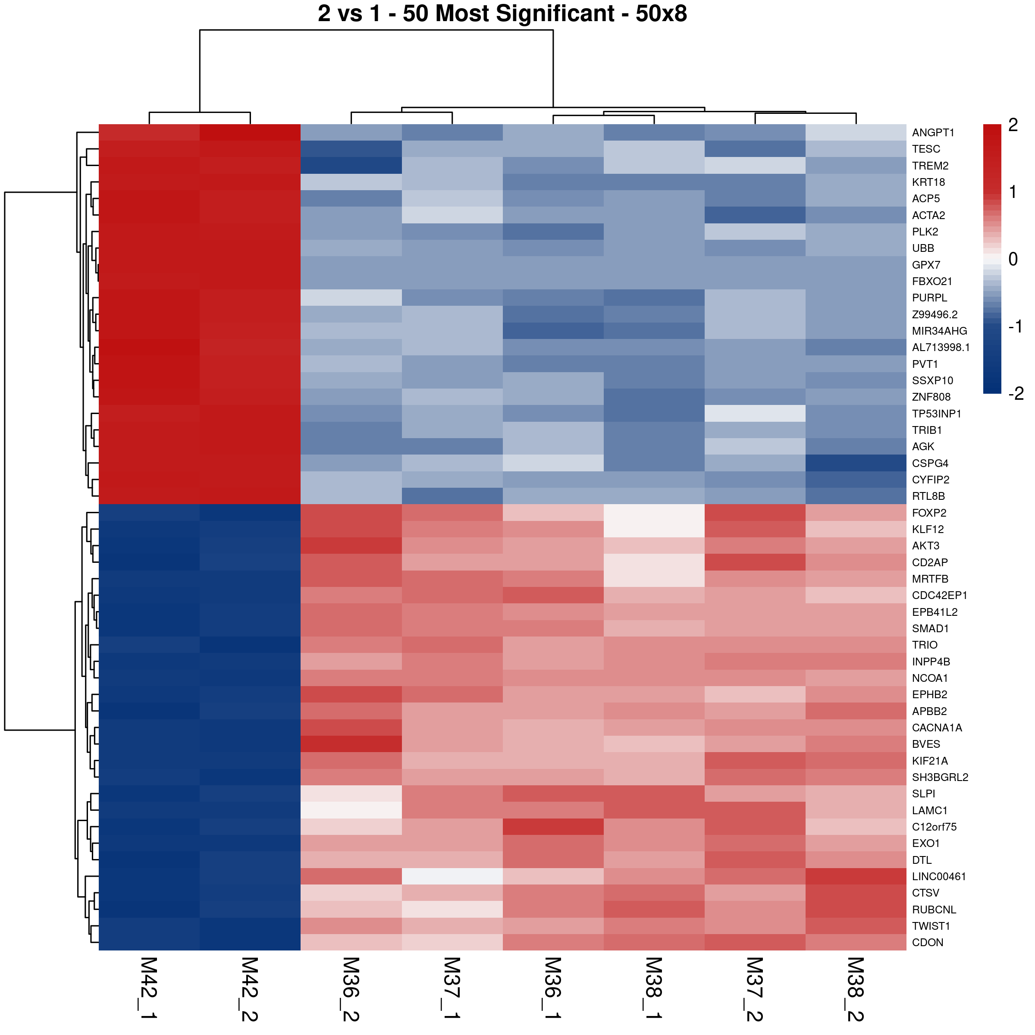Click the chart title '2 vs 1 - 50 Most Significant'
coord(502,14)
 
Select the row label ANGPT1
coord(933,133)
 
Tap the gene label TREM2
coord(930,166)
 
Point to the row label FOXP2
coord(929,513)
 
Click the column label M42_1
coord(148,988)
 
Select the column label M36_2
coord(351,989)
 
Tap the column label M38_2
coord(856,989)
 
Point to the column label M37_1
coord(452,988)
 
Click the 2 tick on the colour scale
coord(1013,125)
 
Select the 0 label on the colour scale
coord(1013,259)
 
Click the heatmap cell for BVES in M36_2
coord(351,744)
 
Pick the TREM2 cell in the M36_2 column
coord(351,166)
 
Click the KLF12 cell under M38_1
coord(654,529)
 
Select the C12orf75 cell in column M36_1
coord(553,827)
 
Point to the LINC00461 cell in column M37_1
coord(452,876)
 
